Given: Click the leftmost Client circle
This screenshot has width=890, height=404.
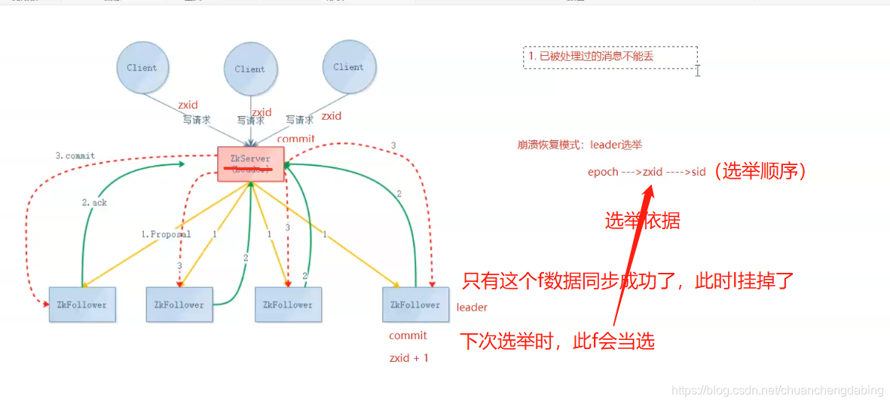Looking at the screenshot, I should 142,68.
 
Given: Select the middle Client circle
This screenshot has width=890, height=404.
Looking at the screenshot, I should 249,69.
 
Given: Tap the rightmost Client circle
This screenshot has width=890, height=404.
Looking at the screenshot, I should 348,67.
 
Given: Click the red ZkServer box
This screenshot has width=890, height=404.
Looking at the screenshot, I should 250,164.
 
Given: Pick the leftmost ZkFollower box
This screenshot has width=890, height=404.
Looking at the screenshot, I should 82,305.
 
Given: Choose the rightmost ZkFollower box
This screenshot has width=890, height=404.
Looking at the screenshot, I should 415,305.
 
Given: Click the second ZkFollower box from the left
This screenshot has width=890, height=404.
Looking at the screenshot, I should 179,305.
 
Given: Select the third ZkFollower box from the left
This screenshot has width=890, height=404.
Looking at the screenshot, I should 288,305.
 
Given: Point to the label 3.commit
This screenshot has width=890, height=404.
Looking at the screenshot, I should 75,156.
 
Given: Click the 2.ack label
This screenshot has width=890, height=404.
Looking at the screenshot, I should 94,203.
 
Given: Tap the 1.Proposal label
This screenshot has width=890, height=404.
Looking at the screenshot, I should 166,234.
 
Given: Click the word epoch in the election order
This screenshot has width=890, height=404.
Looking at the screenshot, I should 603,172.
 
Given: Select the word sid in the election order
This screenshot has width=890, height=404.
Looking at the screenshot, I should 698,172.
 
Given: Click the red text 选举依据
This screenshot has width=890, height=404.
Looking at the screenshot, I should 642,220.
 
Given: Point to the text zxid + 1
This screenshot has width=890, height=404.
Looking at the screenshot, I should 408,358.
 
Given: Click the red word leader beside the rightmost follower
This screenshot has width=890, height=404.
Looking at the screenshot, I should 472,308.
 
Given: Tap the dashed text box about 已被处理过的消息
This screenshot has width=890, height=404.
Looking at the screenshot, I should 610,57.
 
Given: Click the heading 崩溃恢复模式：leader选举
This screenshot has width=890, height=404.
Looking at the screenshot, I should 580,145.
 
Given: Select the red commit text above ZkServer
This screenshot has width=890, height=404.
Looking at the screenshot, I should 296,139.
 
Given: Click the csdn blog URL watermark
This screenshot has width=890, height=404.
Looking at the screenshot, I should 777,390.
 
